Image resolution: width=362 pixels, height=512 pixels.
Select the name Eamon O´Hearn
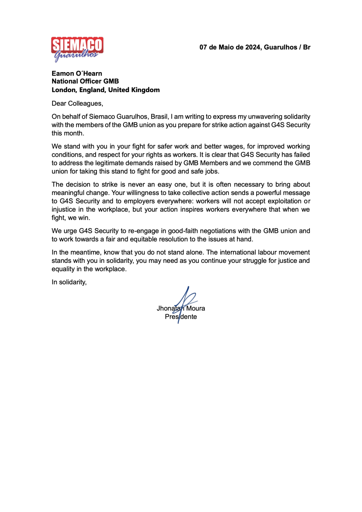(77, 73)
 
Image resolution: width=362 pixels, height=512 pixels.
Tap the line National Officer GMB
(85, 81)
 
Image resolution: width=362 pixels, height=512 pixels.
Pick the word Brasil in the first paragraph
(161, 116)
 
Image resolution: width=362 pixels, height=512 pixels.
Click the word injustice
(64, 209)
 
